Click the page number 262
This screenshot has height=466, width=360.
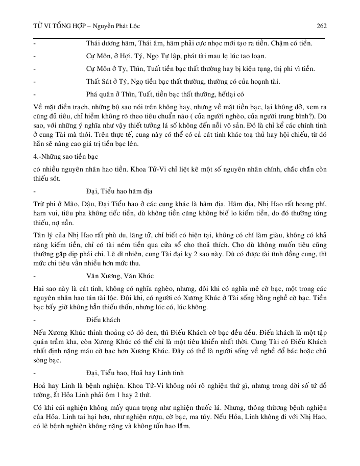[x=321, y=26]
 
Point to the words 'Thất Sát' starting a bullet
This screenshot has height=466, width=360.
[x=99, y=81]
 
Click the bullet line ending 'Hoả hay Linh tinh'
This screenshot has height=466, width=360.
[x=132, y=372]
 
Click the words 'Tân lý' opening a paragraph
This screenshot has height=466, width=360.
[x=44, y=234]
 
